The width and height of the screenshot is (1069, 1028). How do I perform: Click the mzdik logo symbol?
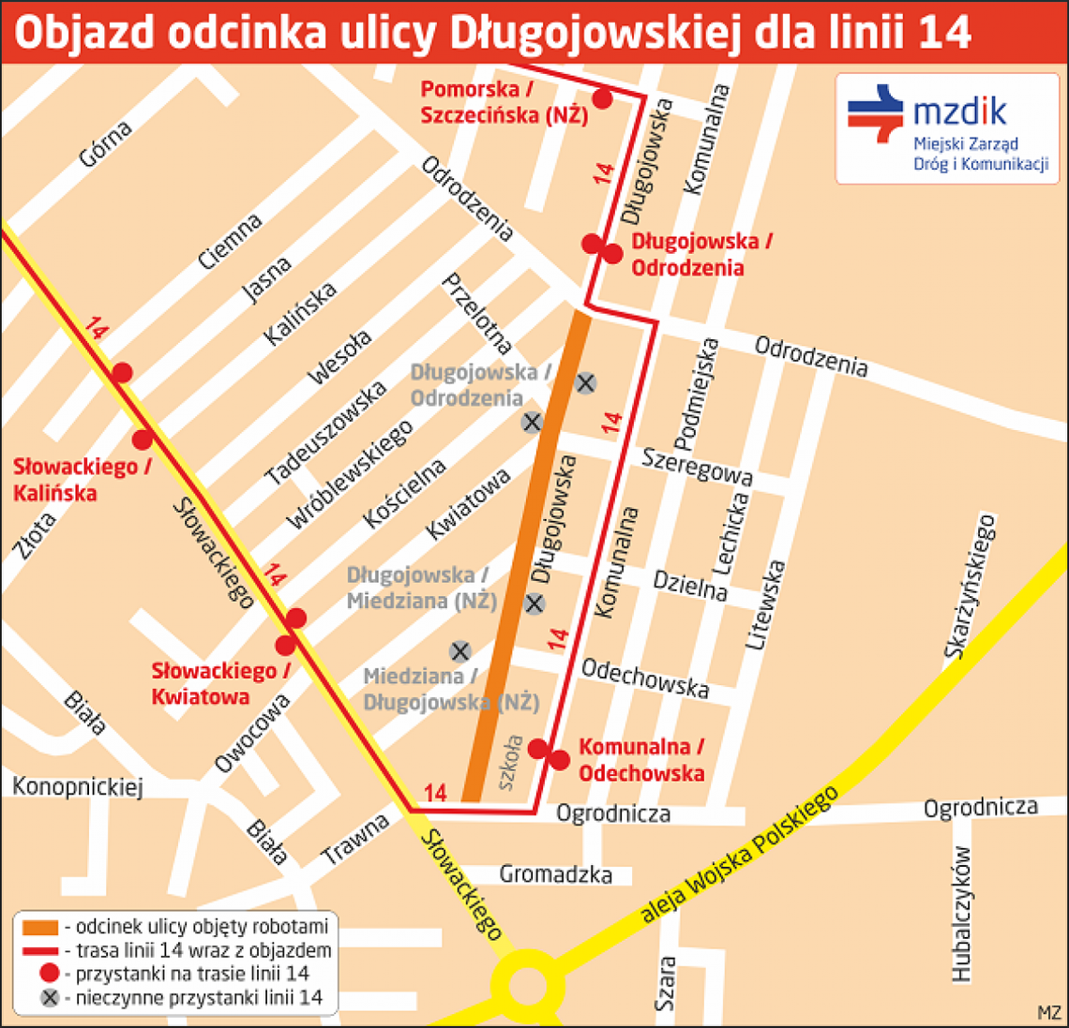(876, 112)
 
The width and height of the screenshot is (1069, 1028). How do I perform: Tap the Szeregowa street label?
(697, 465)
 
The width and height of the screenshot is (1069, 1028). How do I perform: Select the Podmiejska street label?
(698, 395)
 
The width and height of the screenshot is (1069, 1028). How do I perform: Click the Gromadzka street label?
(555, 874)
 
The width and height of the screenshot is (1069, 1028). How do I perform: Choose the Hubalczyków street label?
(962, 914)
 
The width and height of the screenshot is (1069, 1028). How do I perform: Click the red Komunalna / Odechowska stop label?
(641, 760)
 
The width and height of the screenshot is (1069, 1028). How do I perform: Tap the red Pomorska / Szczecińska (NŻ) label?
(504, 102)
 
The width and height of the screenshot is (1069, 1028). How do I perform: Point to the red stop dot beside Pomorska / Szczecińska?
(603, 98)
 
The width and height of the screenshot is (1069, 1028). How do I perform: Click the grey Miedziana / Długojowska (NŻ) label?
(451, 689)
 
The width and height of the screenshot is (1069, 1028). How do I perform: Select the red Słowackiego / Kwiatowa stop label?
(221, 683)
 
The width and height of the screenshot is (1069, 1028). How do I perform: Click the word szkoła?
(511, 762)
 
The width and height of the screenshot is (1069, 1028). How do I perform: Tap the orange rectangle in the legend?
(43, 928)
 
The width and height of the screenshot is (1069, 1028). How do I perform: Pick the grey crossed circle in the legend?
(51, 997)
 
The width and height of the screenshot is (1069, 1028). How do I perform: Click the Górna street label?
(105, 143)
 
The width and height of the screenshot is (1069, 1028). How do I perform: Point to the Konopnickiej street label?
(77, 786)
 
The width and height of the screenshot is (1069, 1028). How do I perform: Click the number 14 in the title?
(942, 33)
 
